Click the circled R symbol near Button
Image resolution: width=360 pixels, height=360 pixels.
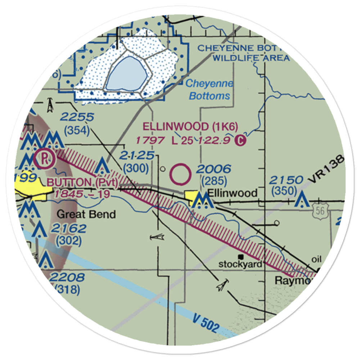45,158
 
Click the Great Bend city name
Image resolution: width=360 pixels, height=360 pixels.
86,215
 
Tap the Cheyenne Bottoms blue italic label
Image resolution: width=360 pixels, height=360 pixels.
210,90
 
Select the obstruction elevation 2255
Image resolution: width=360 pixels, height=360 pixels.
77,117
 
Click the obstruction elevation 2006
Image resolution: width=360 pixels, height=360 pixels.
214,169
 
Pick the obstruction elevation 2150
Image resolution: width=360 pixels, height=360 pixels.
287,180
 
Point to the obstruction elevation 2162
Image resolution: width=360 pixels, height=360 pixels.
68,228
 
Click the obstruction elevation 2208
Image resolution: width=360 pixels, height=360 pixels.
67,278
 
